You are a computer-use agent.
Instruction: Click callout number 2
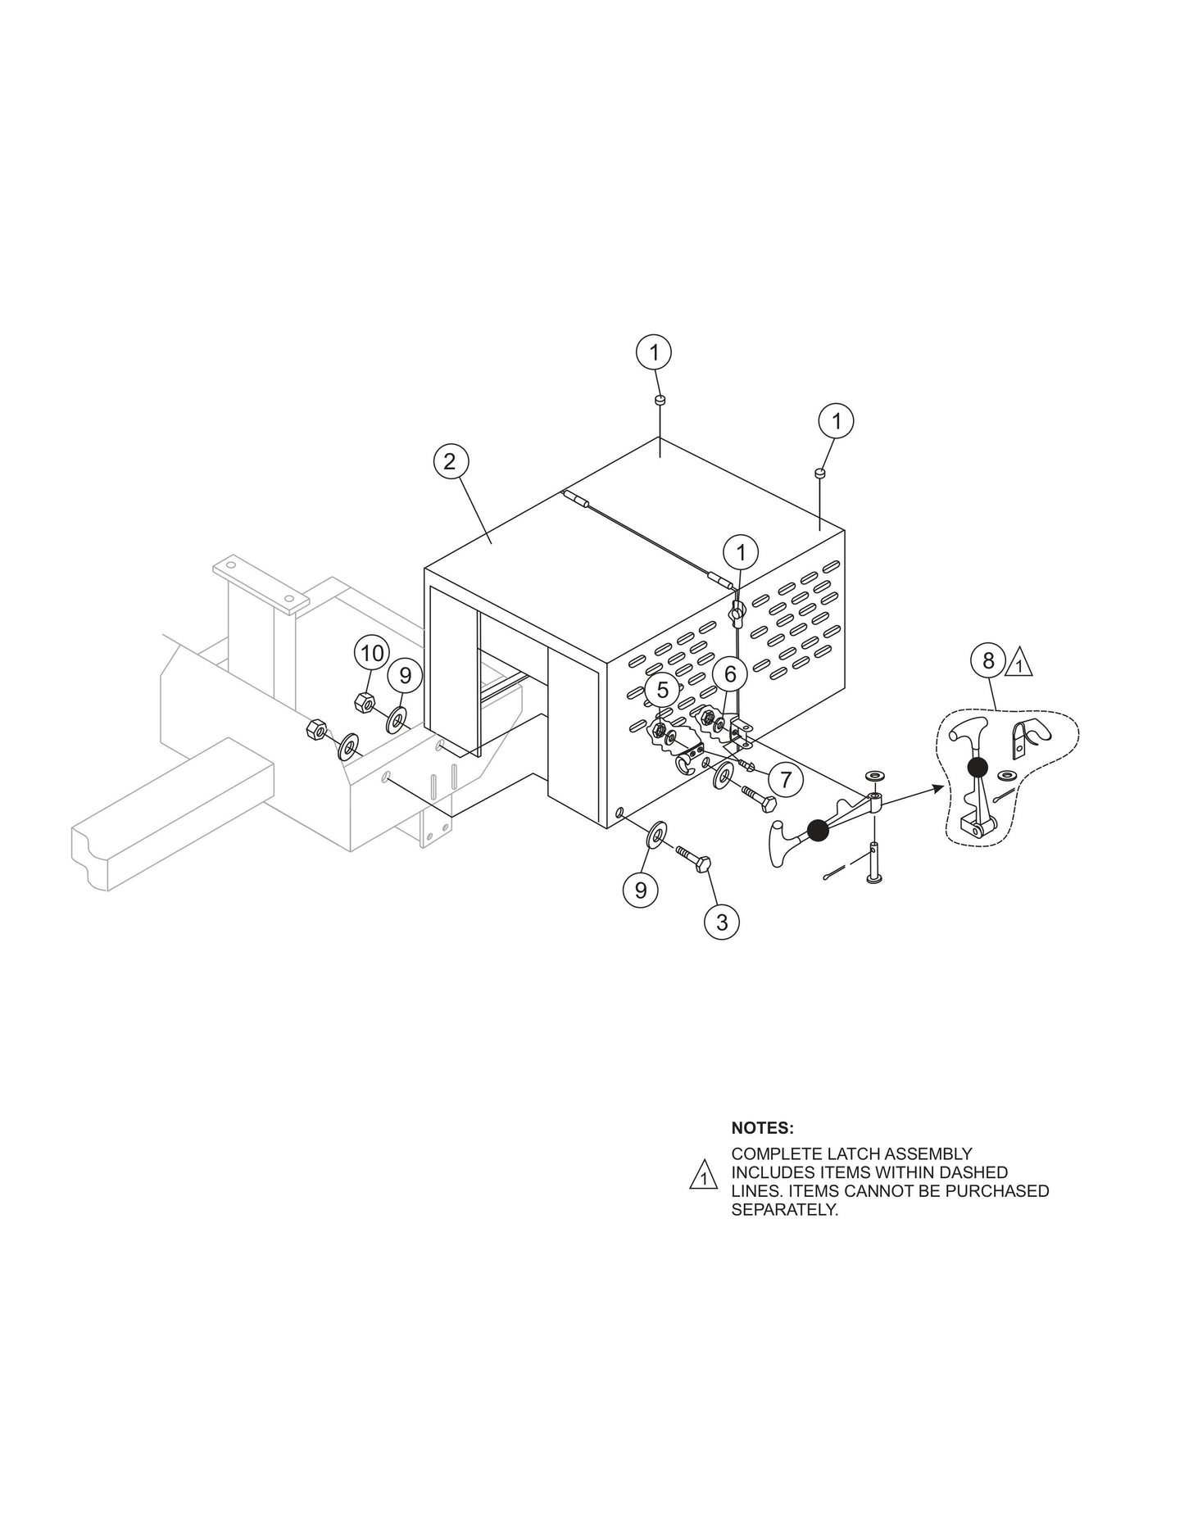pyautogui.click(x=449, y=461)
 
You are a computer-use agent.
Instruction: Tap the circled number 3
pyautogui.click(x=721, y=922)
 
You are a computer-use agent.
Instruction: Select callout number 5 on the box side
pyautogui.click(x=662, y=690)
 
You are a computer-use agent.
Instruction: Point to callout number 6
pyautogui.click(x=730, y=675)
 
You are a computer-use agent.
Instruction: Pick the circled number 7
pyautogui.click(x=786, y=779)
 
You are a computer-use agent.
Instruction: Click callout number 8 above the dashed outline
pyautogui.click(x=988, y=660)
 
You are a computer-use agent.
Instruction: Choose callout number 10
pyautogui.click(x=372, y=654)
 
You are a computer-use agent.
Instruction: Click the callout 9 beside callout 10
pyautogui.click(x=405, y=676)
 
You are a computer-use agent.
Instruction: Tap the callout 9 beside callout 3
pyautogui.click(x=640, y=889)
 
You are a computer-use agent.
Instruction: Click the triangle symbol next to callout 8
pyautogui.click(x=1018, y=662)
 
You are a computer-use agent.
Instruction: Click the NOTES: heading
pyautogui.click(x=762, y=1128)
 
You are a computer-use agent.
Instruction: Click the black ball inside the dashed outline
pyautogui.click(x=977, y=767)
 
